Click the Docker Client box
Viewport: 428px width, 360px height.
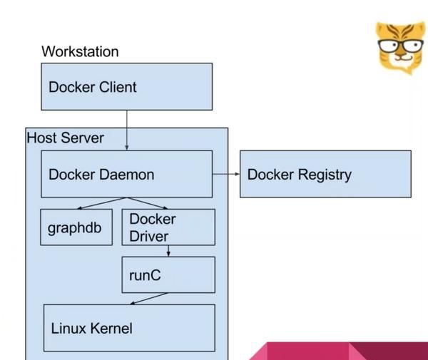[x=126, y=86]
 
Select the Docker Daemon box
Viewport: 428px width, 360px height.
[x=126, y=173]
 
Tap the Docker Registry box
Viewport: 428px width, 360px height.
[x=325, y=173]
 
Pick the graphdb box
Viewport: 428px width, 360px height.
[x=76, y=227]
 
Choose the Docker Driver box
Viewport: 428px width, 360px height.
[x=168, y=227]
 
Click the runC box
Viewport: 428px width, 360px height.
[x=168, y=274]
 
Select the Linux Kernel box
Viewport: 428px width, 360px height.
[x=129, y=328]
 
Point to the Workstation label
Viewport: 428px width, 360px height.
[x=80, y=51]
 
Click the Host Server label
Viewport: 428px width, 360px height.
[x=65, y=138]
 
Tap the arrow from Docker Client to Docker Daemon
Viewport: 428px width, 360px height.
[x=127, y=130]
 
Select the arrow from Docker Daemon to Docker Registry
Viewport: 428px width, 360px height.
[x=225, y=173]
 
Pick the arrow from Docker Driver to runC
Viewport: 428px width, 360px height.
[x=168, y=251]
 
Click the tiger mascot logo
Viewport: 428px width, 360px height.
[x=399, y=47]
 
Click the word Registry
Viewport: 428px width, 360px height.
[x=324, y=175]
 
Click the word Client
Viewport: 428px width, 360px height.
[x=115, y=87]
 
